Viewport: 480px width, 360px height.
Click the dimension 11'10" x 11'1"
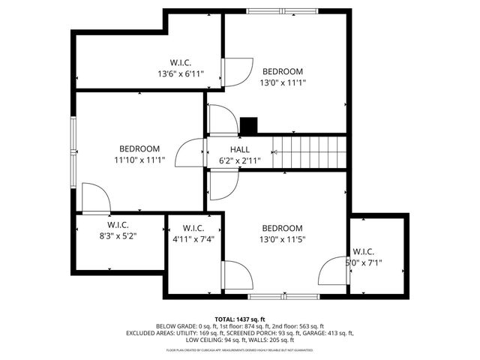coord(139,159)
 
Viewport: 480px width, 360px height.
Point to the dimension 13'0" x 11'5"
coord(282,239)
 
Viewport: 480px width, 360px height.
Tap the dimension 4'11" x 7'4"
coord(193,239)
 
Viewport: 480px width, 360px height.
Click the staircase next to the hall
coord(309,154)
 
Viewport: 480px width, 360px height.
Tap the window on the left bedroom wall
coord(73,150)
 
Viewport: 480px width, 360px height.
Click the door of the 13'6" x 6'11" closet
coord(235,71)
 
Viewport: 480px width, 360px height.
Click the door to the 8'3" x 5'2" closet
coord(96,199)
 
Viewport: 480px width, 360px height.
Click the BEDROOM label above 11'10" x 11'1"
coord(139,148)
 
